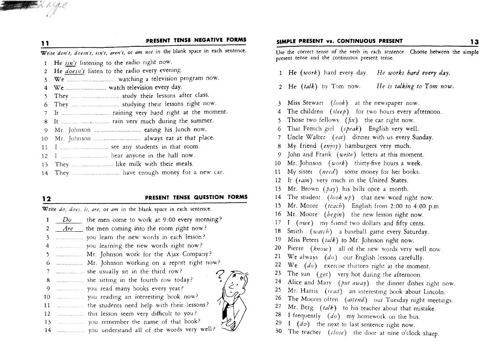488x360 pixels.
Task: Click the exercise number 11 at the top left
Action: pyautogui.click(x=44, y=43)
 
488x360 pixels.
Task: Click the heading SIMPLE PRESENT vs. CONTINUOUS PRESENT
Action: pyautogui.click(x=339, y=41)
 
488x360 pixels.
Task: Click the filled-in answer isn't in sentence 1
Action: pyautogui.click(x=72, y=63)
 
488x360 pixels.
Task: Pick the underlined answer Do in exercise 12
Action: pyautogui.click(x=68, y=220)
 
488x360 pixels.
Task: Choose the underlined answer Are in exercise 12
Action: pyautogui.click(x=68, y=228)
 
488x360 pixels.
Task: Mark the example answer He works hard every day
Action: pyautogui.click(x=413, y=73)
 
